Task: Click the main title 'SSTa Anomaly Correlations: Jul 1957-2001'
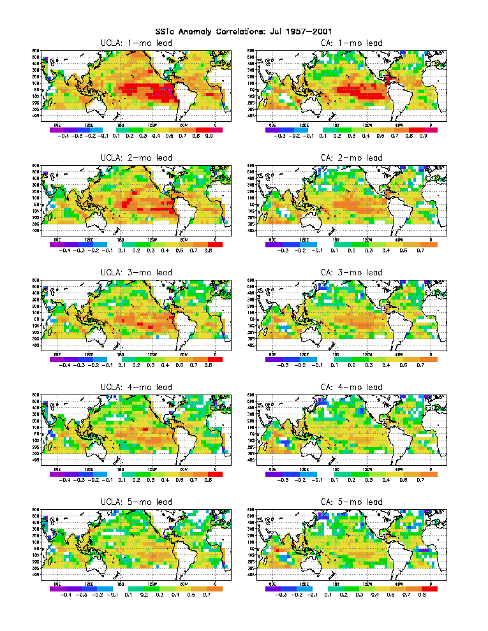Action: click(x=244, y=31)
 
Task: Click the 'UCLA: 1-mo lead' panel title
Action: click(x=136, y=43)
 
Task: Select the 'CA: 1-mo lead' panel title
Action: click(x=351, y=43)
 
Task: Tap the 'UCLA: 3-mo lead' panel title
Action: click(x=136, y=273)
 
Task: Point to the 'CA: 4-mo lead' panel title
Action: click(x=351, y=388)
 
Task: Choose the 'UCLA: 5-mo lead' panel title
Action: click(x=136, y=502)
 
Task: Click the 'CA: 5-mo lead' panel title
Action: click(x=351, y=502)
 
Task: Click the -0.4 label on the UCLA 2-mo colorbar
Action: click(x=64, y=250)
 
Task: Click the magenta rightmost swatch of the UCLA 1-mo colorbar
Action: click(x=218, y=129)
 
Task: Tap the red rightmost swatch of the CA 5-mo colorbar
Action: click(x=429, y=588)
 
